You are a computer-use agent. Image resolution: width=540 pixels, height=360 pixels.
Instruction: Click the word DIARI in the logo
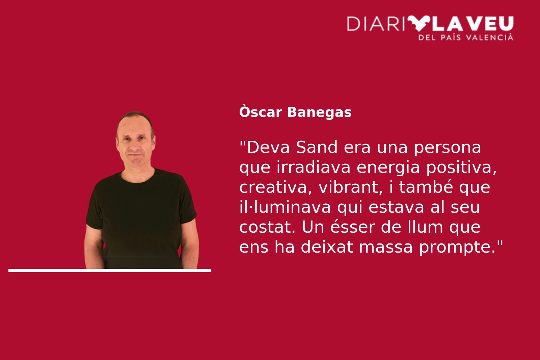coord(376,24)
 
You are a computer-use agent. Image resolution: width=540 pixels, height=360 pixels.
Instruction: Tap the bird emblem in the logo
coord(419,23)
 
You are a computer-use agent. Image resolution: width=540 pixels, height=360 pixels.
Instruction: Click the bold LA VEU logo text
coord(474,24)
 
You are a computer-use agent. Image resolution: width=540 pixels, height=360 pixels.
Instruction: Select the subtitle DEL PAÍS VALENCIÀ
coord(466,37)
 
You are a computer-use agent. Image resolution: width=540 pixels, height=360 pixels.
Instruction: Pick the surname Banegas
coord(319,112)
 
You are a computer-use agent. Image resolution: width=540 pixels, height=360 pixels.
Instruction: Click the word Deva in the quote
coord(268,147)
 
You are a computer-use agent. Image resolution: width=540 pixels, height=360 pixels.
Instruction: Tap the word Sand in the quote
coord(317,147)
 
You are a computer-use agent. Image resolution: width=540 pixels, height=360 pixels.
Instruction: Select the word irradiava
coord(313,167)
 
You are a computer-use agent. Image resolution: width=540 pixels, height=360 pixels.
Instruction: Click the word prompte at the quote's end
coord(457,248)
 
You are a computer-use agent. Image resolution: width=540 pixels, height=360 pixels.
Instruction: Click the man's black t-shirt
coord(141,217)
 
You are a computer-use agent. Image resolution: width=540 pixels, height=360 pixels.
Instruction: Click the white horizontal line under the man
coord(110,271)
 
